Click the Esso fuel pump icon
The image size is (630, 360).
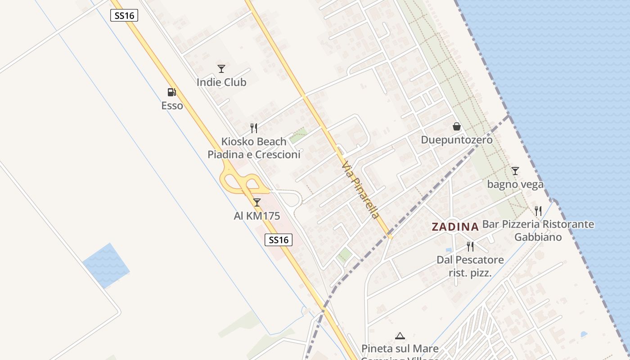click(171, 92)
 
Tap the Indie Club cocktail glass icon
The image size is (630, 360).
click(221, 69)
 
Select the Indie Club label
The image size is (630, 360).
click(221, 82)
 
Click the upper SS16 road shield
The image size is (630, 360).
click(124, 15)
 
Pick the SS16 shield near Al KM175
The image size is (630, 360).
click(279, 240)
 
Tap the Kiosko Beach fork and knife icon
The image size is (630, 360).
click(254, 128)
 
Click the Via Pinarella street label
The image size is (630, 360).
click(360, 191)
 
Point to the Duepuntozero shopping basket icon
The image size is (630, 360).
click(457, 126)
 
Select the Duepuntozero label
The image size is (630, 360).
click(457, 140)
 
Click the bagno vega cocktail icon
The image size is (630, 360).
click(515, 171)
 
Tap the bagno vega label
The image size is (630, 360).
click(515, 184)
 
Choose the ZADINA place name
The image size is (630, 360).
click(455, 227)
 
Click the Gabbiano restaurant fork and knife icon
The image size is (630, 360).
click(538, 211)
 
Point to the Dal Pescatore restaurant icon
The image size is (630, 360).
click(470, 246)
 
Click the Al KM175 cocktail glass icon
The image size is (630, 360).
click(256, 202)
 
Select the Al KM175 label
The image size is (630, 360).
click(257, 216)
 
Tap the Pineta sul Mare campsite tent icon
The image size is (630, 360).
click(400, 336)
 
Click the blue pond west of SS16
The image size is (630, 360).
click(106, 265)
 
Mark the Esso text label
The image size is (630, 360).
click(172, 106)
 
